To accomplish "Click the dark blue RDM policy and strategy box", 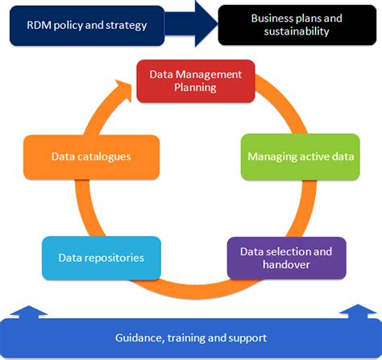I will pos(85,25).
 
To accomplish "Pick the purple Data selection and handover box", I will pos(286,257).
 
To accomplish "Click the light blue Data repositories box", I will pos(90,258).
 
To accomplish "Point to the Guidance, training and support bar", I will pos(191,337).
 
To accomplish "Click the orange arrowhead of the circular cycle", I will pos(122,85).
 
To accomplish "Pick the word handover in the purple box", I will pos(287,264).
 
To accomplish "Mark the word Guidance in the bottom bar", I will pos(139,337).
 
